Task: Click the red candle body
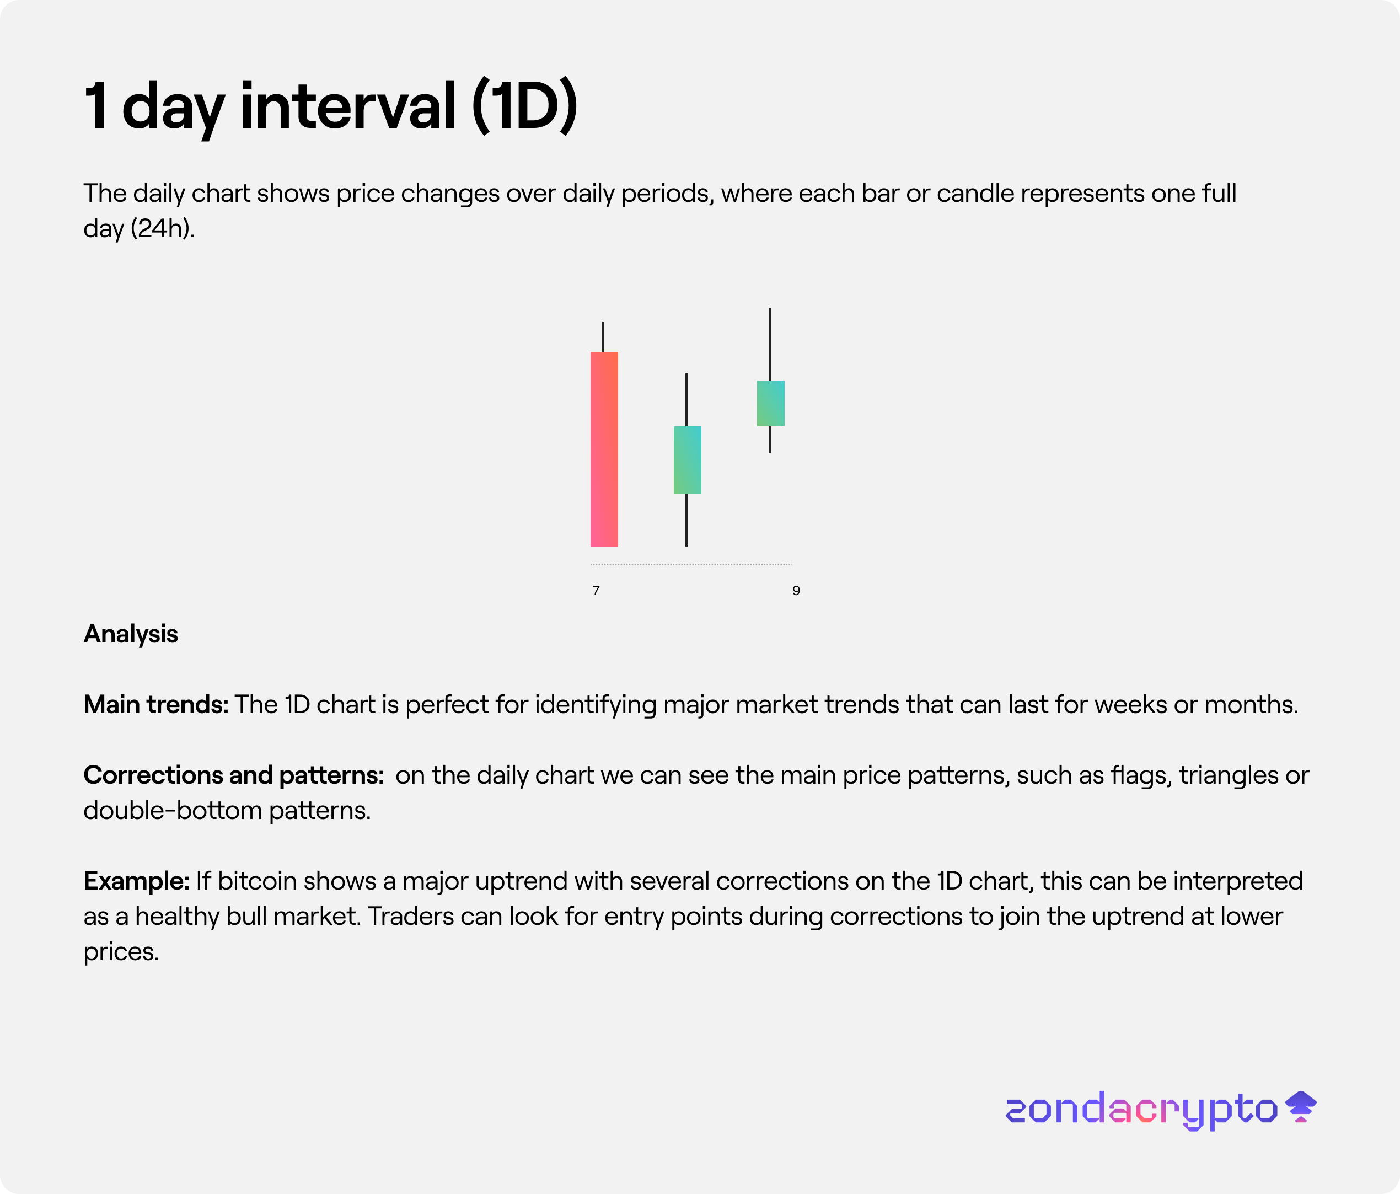click(604, 449)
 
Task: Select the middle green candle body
click(687, 460)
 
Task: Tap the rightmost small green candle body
click(770, 403)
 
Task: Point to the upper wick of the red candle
click(603, 336)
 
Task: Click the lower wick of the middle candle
click(686, 520)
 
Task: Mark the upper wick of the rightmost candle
click(770, 344)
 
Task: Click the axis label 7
click(596, 591)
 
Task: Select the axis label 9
click(796, 591)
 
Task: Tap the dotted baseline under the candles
click(691, 564)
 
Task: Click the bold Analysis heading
click(130, 634)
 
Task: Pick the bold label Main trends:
click(156, 704)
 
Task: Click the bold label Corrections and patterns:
click(234, 775)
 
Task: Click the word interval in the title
click(348, 105)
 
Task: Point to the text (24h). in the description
click(163, 228)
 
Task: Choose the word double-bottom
click(172, 810)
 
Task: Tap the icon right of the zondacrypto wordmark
click(1301, 1106)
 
